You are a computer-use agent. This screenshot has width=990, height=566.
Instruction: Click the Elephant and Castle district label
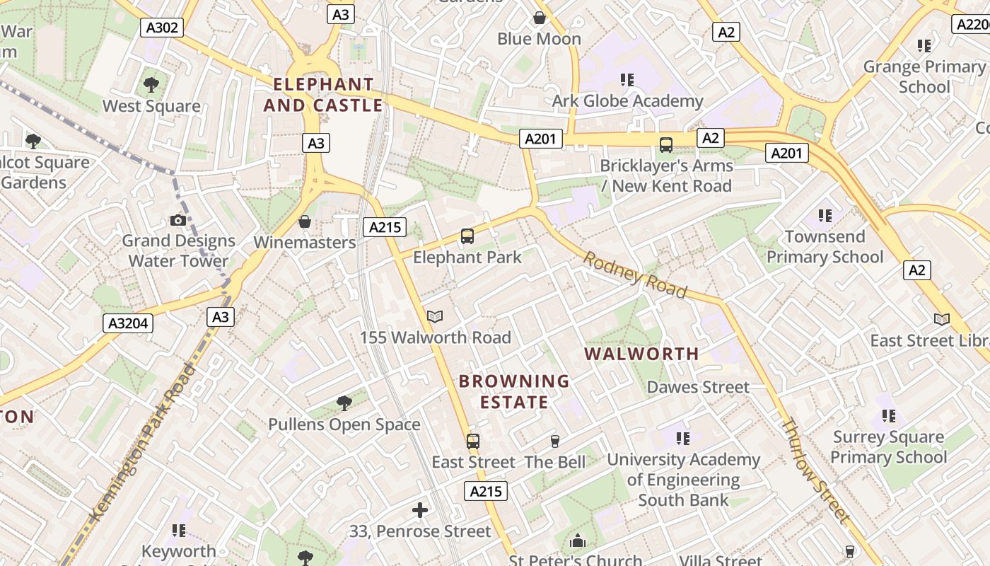point(323,95)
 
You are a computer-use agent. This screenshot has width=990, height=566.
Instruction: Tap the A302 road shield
point(162,28)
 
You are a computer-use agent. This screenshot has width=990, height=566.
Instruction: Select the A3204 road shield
point(128,324)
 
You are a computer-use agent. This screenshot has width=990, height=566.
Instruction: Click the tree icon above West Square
point(151,86)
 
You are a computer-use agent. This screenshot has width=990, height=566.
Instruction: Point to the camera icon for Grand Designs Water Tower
point(178,221)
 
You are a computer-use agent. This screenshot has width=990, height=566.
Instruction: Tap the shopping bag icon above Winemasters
point(305,222)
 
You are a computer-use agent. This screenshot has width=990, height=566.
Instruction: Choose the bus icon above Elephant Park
point(467,236)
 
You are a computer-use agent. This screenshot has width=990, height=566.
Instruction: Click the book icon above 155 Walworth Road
point(435,317)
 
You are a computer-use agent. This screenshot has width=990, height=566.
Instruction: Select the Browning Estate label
point(514,391)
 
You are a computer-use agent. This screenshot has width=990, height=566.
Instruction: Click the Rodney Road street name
point(634,275)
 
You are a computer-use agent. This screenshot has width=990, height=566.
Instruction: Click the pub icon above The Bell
point(555,441)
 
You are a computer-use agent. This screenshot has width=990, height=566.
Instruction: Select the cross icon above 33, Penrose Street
point(420,510)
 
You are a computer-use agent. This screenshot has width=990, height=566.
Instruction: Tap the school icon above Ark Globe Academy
point(627,80)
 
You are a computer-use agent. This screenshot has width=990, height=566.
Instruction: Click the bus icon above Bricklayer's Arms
point(665,145)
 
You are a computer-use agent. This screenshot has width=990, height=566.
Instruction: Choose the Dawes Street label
point(698,387)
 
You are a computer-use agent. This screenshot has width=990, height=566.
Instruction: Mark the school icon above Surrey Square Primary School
point(888,417)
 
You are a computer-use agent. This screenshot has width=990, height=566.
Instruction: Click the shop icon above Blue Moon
point(540,18)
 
